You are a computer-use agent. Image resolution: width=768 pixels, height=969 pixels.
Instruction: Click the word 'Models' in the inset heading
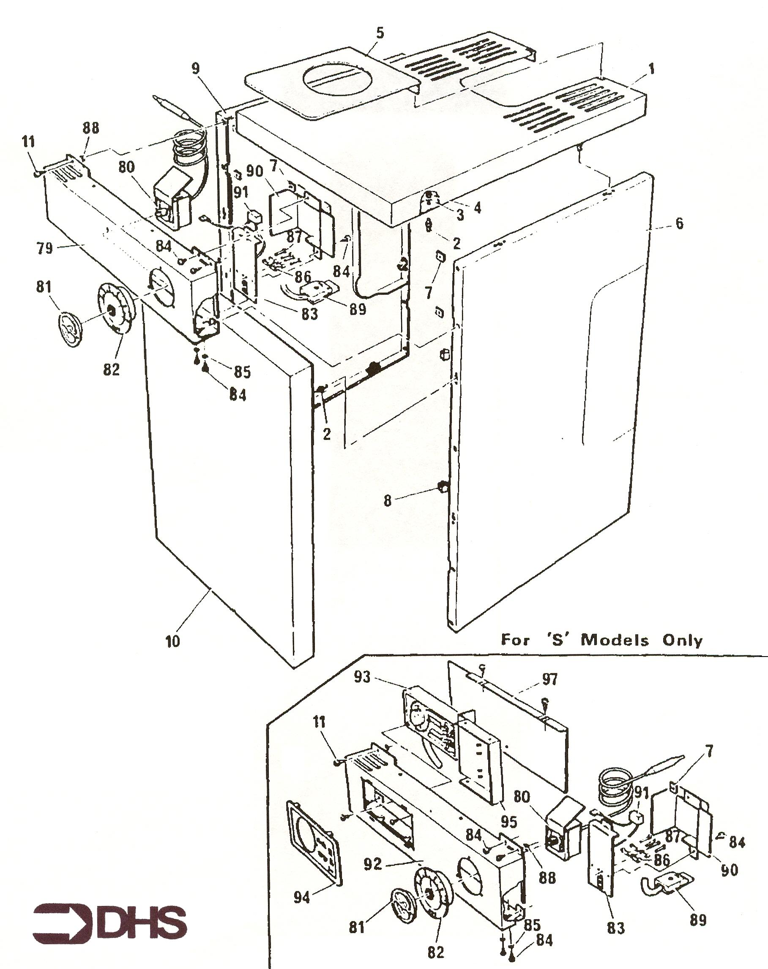point(615,640)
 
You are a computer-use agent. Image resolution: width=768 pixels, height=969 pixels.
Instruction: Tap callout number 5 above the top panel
point(380,33)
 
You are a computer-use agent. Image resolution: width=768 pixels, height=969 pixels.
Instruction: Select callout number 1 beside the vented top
point(651,69)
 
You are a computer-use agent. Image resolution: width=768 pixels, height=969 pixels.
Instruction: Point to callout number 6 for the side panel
point(679,223)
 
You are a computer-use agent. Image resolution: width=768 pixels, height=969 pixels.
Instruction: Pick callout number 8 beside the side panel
point(388,501)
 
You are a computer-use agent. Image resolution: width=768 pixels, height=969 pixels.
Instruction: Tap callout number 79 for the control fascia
point(44,248)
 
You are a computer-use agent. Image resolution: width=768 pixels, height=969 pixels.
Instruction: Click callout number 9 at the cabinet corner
point(196,69)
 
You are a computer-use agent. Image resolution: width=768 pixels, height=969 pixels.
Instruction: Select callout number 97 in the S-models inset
point(549,680)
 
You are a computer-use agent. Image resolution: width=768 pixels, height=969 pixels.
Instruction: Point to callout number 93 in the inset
point(362,676)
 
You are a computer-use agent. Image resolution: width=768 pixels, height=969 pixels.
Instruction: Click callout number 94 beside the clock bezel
point(302,898)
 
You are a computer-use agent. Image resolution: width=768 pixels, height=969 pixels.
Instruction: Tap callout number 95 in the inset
point(509,822)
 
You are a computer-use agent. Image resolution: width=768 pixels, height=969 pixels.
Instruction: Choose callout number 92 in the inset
point(373,863)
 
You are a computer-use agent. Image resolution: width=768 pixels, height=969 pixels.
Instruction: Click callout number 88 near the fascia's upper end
point(90,128)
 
